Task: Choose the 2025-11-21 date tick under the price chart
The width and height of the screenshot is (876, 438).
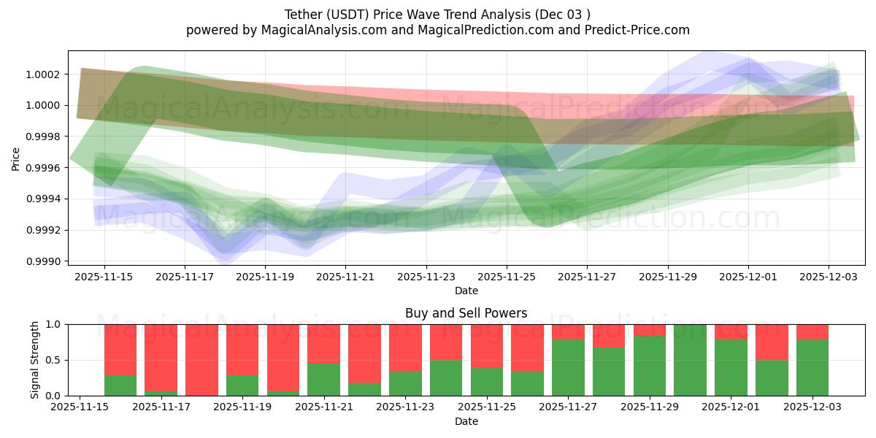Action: [345, 277]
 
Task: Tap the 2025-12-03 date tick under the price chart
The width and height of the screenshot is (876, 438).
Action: [829, 277]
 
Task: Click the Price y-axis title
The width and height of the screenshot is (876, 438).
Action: [16, 158]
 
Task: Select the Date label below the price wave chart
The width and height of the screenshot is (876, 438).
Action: [466, 291]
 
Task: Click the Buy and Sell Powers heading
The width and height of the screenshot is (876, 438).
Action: [466, 313]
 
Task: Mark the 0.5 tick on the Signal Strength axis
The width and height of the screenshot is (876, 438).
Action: [54, 360]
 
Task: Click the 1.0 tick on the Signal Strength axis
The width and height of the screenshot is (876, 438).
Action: [54, 324]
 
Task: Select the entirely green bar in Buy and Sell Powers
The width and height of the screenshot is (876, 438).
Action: [691, 360]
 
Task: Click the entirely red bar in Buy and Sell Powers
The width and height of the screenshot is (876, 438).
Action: [201, 360]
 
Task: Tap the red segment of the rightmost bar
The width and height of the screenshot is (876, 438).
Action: [812, 331]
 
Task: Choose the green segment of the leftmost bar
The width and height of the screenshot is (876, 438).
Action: [120, 385]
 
